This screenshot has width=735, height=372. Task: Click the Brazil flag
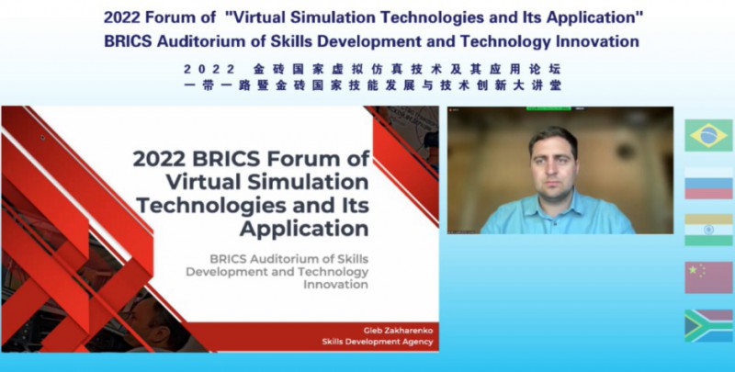[x=708, y=135]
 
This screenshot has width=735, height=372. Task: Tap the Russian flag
[x=708, y=183]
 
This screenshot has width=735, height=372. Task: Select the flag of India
[x=708, y=230]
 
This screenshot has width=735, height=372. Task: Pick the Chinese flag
[x=708, y=277]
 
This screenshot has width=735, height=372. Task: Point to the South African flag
[x=708, y=325]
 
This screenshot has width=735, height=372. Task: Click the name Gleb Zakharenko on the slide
[x=398, y=331]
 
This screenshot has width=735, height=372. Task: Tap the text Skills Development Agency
[x=378, y=342]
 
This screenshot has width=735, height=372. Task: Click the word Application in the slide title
[x=304, y=229]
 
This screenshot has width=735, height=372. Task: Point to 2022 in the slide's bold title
[x=159, y=159]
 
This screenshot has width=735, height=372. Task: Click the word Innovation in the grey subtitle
[x=335, y=284]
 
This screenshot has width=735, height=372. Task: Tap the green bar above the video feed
[x=548, y=108]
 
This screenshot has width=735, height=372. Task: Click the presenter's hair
[x=553, y=136]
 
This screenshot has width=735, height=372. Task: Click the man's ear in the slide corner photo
[x=164, y=333]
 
